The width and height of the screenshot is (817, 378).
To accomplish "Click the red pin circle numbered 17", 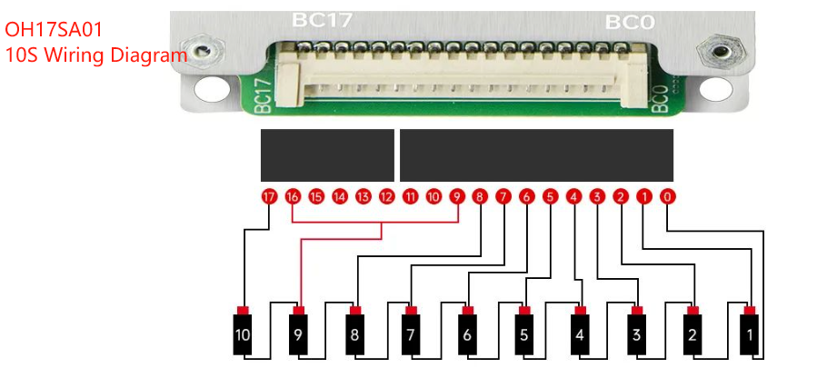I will pyautogui.click(x=268, y=196).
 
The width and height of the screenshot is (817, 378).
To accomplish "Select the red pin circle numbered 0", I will pyautogui.click(x=667, y=196).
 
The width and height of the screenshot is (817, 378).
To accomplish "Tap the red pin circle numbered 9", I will pyautogui.click(x=456, y=196).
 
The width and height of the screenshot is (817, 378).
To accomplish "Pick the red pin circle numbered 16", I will pyautogui.click(x=292, y=196).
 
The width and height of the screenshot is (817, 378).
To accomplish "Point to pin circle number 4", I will pyautogui.click(x=573, y=196).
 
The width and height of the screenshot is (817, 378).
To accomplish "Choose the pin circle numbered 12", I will pyautogui.click(x=386, y=196).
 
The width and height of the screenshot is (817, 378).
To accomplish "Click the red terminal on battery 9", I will pyautogui.click(x=299, y=311).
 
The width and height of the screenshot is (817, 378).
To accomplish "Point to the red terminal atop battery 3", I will pyautogui.click(x=637, y=311).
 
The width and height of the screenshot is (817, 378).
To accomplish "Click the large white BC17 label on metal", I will pyautogui.click(x=322, y=20).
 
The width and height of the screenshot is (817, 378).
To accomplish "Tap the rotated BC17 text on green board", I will pyautogui.click(x=264, y=95).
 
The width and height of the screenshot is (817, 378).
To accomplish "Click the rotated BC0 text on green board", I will pyautogui.click(x=661, y=98).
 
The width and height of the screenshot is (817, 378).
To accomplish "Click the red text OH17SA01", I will pyautogui.click(x=54, y=29).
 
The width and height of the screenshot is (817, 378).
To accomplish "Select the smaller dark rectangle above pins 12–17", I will pyautogui.click(x=327, y=155).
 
